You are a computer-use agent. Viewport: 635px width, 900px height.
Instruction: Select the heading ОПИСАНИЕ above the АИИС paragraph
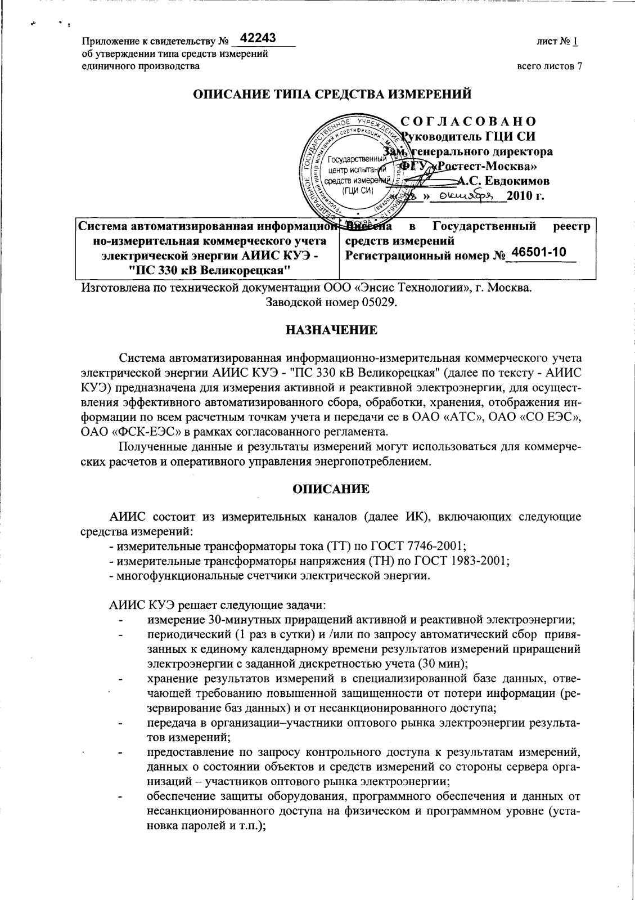coord(331,489)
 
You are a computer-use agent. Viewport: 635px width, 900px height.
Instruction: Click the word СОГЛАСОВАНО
coord(469,122)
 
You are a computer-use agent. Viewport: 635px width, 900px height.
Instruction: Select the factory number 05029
coord(379,303)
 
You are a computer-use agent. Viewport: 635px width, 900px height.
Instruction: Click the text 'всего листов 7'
coord(549,66)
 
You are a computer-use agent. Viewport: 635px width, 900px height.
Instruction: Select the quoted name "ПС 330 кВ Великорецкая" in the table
coord(209,269)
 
